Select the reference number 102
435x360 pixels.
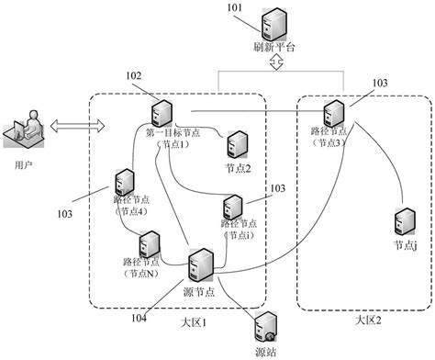coord(134,76)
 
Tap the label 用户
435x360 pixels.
coord(25,165)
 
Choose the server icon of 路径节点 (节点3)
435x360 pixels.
coord(333,116)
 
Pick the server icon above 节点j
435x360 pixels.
coord(402,221)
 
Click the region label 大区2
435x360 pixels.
coord(367,320)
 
